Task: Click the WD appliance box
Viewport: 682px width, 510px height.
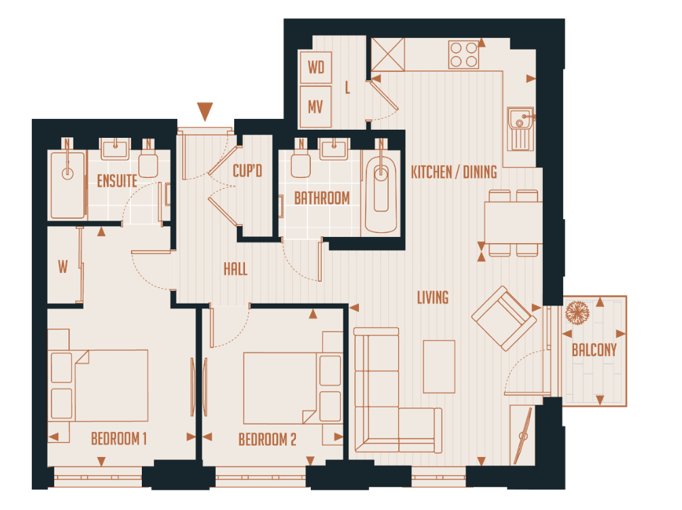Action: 316,67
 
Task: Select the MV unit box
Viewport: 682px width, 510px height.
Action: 316,107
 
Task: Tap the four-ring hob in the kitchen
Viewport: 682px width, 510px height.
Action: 463,54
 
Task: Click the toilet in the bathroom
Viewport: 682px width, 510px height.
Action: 300,162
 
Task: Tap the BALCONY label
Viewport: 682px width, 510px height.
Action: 594,350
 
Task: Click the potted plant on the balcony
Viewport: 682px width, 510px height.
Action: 578,313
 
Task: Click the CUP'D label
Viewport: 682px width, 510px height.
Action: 247,171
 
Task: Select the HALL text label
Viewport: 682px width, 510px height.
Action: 235,270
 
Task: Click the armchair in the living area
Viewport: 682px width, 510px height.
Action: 503,318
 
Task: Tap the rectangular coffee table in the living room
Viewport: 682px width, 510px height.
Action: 439,367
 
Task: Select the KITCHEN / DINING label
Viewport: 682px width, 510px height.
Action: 453,172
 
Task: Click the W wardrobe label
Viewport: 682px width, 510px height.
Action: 62,268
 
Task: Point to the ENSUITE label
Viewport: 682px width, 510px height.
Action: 117,181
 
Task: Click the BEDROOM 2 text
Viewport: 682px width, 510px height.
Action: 267,440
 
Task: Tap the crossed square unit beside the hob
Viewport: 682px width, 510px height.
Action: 387,54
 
